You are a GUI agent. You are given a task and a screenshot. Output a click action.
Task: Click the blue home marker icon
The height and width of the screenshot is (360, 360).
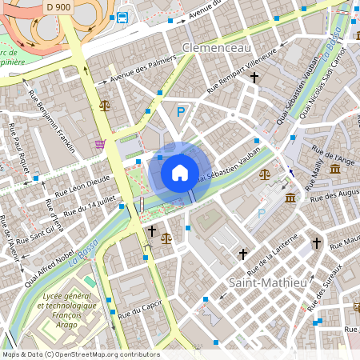[180, 172]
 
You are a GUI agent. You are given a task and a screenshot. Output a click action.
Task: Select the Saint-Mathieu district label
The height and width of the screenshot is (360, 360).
[267, 282]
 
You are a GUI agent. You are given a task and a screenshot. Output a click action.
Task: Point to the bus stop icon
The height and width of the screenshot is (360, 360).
[122, 18]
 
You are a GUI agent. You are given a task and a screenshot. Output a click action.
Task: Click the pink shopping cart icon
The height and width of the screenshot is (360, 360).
[100, 144]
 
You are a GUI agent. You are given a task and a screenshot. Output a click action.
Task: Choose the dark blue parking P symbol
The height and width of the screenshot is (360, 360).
[181, 113]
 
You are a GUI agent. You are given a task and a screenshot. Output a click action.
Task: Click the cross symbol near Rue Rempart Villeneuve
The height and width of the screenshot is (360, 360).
[254, 78]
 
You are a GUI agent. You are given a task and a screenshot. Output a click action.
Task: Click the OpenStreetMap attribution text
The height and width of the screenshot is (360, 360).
[80, 354]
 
